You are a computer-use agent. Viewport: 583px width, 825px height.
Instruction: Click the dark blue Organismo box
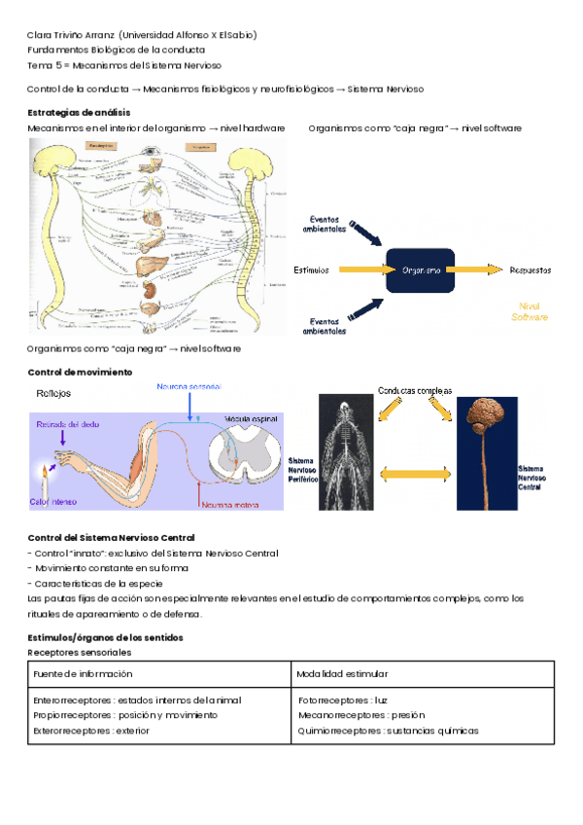click(x=421, y=269)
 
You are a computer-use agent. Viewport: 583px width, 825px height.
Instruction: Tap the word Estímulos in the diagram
click(x=311, y=269)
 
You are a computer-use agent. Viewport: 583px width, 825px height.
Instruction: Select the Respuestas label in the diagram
click(x=529, y=269)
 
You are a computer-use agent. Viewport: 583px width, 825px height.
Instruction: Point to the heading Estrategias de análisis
click(x=72, y=112)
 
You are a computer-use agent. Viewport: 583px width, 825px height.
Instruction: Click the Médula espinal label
click(x=252, y=417)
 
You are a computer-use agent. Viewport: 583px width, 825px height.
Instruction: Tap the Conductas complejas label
click(x=415, y=391)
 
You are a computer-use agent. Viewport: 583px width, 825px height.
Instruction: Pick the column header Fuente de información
click(x=83, y=673)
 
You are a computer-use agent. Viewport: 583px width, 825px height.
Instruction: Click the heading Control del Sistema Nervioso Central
click(x=111, y=537)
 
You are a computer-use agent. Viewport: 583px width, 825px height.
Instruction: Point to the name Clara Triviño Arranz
click(x=72, y=36)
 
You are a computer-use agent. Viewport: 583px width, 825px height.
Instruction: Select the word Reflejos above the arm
click(x=53, y=394)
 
